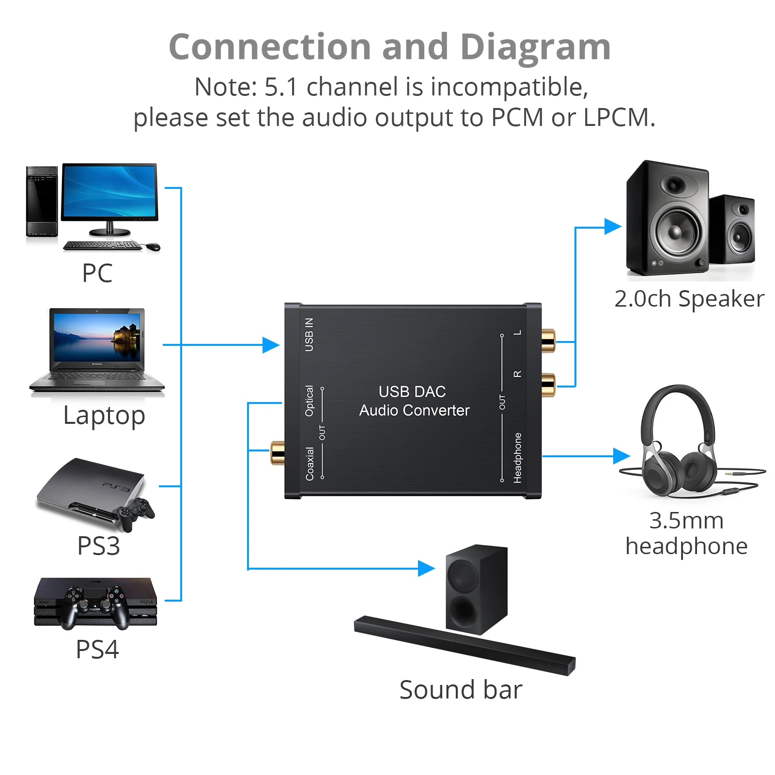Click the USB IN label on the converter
coord(309,334)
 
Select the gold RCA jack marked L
coord(548,341)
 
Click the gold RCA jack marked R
coord(548,385)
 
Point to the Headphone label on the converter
coord(517,458)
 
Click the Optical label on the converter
coord(309,401)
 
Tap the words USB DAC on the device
coord(412,391)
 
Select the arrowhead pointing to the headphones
coord(621,456)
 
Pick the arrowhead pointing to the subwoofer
coord(426,568)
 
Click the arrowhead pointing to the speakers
coord(613,226)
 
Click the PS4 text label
coord(97,650)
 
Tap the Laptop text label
coord(104,416)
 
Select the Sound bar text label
coord(461,690)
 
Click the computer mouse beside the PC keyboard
coord(153,247)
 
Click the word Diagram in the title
coord(535,47)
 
